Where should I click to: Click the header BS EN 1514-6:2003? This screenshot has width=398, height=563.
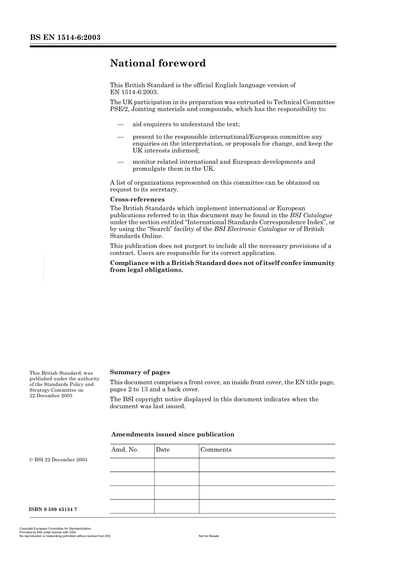[x=65, y=38]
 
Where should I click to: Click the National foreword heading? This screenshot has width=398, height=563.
[x=158, y=63]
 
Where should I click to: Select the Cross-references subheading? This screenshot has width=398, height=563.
[x=137, y=199]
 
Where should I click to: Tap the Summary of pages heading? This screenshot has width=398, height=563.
[x=140, y=372]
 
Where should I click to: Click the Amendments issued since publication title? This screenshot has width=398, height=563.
[x=173, y=434]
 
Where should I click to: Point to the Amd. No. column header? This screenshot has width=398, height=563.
[x=124, y=450]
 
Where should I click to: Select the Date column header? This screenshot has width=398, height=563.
[x=163, y=450]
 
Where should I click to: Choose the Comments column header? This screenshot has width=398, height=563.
[x=216, y=450]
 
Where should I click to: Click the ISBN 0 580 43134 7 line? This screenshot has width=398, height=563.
[x=53, y=509]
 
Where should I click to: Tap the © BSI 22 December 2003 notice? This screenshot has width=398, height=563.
[x=58, y=460]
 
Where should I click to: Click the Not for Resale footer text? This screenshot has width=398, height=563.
[x=209, y=536]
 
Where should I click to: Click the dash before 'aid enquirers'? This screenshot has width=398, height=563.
[x=121, y=124]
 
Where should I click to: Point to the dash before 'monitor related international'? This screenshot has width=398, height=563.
[x=121, y=162]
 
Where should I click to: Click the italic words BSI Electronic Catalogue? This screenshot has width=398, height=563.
[x=251, y=229]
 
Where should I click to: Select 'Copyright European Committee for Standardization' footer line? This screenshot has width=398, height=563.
[x=55, y=529]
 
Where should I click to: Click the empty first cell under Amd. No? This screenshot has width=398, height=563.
[x=132, y=465]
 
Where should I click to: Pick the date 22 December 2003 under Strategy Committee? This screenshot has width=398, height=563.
[x=51, y=396]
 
